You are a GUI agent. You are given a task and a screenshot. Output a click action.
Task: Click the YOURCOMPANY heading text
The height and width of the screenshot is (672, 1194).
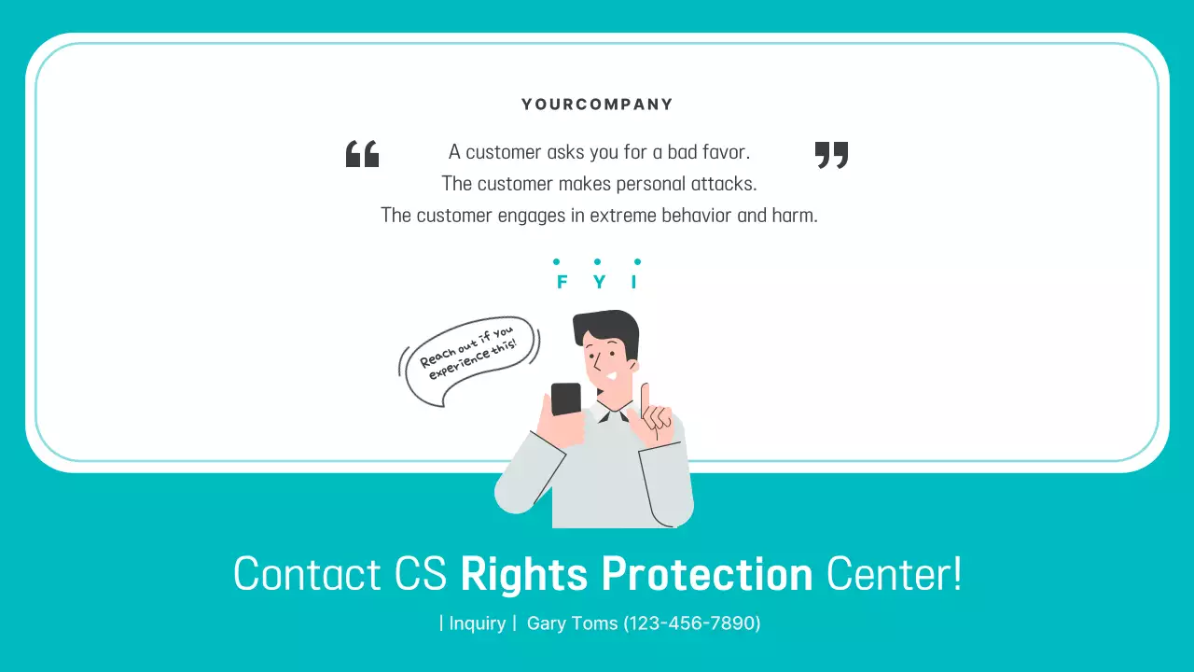coord(597,105)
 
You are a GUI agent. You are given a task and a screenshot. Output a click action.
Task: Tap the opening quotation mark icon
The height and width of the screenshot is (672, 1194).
coord(362,154)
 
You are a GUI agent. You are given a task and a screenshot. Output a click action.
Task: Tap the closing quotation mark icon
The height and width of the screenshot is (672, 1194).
coord(831,154)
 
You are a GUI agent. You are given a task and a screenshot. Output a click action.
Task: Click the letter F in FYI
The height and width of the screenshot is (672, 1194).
coord(562,282)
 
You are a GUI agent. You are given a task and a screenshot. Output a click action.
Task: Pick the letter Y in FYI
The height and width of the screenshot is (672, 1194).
coord(599,282)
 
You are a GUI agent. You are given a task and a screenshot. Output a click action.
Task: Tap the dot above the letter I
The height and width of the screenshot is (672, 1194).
coord(637,262)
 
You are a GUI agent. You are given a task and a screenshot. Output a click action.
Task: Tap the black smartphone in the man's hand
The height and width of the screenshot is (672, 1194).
coord(565,399)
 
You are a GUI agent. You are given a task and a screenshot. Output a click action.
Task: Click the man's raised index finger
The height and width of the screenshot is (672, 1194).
coord(645,397)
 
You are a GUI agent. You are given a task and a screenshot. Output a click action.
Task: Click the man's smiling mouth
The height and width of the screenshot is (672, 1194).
coord(610,375)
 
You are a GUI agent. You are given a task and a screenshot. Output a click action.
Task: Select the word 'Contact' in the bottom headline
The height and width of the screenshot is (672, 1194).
coord(307,574)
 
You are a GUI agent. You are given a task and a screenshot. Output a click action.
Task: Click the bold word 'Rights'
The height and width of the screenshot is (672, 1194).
coord(523,575)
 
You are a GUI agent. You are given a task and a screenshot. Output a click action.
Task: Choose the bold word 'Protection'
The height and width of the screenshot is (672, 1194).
coord(707,574)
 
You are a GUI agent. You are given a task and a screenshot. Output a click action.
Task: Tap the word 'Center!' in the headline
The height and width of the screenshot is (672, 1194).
coord(894,574)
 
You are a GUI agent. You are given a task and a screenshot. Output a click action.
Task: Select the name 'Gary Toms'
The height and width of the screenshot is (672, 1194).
coord(572,623)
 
